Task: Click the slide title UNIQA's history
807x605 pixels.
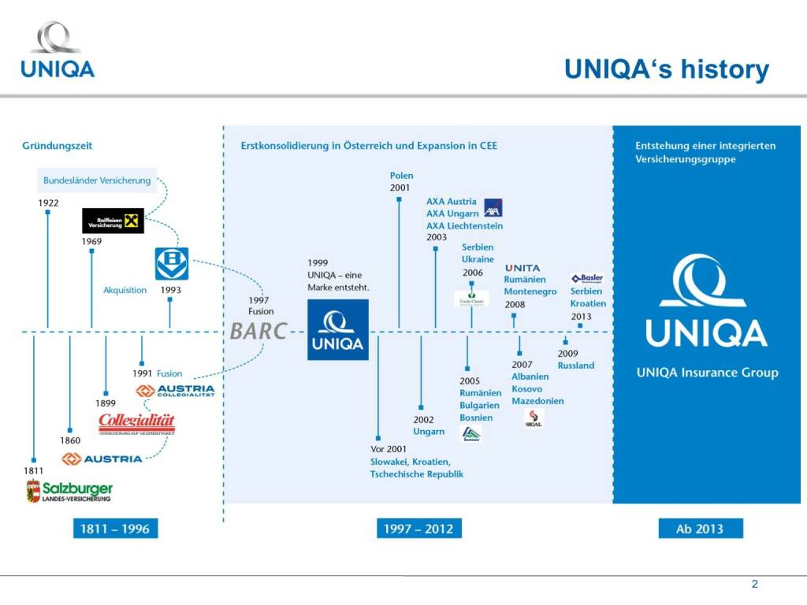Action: [666, 69]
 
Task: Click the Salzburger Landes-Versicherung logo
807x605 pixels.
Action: [69, 492]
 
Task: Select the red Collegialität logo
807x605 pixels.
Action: [136, 424]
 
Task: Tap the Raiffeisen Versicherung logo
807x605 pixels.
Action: [113, 221]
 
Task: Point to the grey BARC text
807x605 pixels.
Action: [258, 331]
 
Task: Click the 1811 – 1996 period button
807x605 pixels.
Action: [114, 529]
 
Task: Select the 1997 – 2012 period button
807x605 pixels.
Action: [418, 529]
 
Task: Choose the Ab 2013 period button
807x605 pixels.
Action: [700, 529]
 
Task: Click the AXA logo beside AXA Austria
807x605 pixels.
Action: [493, 208]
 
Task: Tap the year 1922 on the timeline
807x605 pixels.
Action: [48, 203]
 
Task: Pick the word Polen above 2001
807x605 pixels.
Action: [401, 176]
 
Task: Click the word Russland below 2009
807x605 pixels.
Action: [576, 366]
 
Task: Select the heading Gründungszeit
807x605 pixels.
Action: [58, 146]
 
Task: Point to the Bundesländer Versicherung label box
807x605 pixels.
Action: [97, 180]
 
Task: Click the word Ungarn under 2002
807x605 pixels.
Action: [429, 432]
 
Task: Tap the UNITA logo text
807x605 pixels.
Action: [523, 269]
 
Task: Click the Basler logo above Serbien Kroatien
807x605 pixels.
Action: [587, 278]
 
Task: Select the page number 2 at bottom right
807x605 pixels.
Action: [754, 585]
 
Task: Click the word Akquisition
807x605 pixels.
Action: [125, 290]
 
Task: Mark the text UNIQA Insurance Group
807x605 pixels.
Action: [707, 373]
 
